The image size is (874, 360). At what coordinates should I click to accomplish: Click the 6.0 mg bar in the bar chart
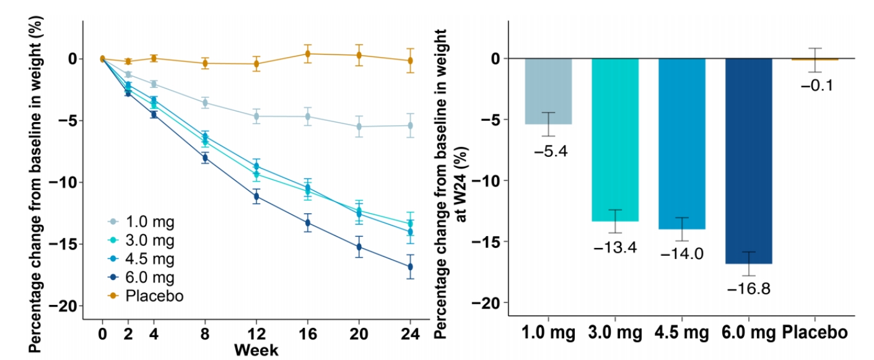tap(748, 161)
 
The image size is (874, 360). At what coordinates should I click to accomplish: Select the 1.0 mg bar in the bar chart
tap(549, 91)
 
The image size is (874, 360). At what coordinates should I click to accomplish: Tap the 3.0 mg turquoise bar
tap(615, 139)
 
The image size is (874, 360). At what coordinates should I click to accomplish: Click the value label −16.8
tap(748, 289)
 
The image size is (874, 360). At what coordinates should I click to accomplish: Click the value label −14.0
tap(681, 254)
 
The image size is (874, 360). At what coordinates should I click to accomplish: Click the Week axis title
tap(256, 349)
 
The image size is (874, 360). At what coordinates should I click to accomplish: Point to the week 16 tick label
tap(307, 335)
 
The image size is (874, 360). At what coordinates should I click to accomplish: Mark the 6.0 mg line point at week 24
tap(409, 266)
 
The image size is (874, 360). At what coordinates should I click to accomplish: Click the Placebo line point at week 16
tap(307, 54)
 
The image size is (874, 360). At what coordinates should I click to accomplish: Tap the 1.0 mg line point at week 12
tap(256, 116)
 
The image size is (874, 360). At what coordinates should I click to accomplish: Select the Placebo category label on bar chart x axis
tap(816, 333)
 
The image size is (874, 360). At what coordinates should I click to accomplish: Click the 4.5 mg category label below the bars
tap(681, 333)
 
